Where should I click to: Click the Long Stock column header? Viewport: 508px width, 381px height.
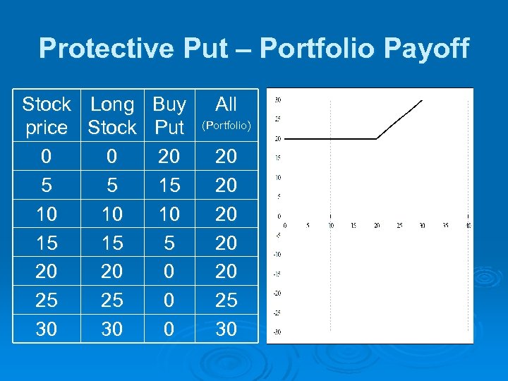[112, 116]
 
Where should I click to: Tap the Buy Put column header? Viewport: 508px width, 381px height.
[169, 116]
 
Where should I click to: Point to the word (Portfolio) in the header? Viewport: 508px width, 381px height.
[226, 126]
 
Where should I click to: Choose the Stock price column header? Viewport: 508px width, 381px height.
[47, 116]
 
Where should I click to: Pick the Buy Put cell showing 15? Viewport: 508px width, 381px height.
[169, 185]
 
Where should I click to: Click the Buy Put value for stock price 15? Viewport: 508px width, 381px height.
[169, 243]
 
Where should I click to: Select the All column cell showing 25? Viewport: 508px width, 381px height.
[226, 301]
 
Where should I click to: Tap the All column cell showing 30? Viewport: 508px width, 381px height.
[226, 329]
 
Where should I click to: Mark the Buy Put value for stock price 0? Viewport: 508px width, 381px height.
[169, 156]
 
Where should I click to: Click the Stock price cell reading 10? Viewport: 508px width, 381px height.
[47, 214]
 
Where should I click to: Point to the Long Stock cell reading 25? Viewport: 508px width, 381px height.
[112, 301]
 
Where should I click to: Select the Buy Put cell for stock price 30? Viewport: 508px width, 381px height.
[169, 329]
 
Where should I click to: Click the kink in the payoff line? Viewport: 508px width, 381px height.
[376, 139]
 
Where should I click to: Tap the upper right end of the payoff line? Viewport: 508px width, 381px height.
[422, 100]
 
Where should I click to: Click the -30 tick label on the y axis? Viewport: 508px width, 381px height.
[278, 332]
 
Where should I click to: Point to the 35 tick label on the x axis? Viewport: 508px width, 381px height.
[445, 226]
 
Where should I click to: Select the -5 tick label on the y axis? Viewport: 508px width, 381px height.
[278, 235]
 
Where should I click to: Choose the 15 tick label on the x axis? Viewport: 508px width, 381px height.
[353, 226]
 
